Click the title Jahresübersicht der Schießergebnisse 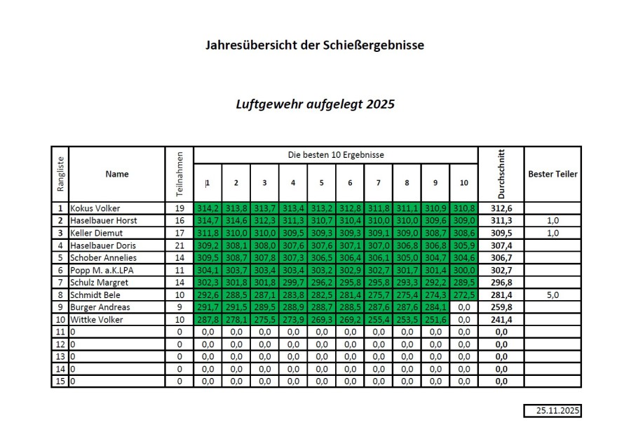click(x=315, y=46)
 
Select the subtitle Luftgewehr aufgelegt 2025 click(x=315, y=104)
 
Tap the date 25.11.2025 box click(x=552, y=411)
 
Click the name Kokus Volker click(x=95, y=208)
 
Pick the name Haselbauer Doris click(x=102, y=245)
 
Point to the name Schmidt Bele click(x=95, y=295)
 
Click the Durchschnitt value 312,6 click(x=501, y=208)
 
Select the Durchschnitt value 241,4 click(x=501, y=320)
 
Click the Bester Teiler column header click(x=552, y=174)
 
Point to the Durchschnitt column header click(x=501, y=174)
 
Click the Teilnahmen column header click(x=179, y=174)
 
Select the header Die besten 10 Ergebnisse click(x=336, y=154)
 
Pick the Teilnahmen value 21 click(x=179, y=245)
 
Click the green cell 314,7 click(x=208, y=221)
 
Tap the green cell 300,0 click(x=463, y=270)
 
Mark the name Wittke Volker click(x=98, y=320)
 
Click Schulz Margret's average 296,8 click(x=501, y=283)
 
